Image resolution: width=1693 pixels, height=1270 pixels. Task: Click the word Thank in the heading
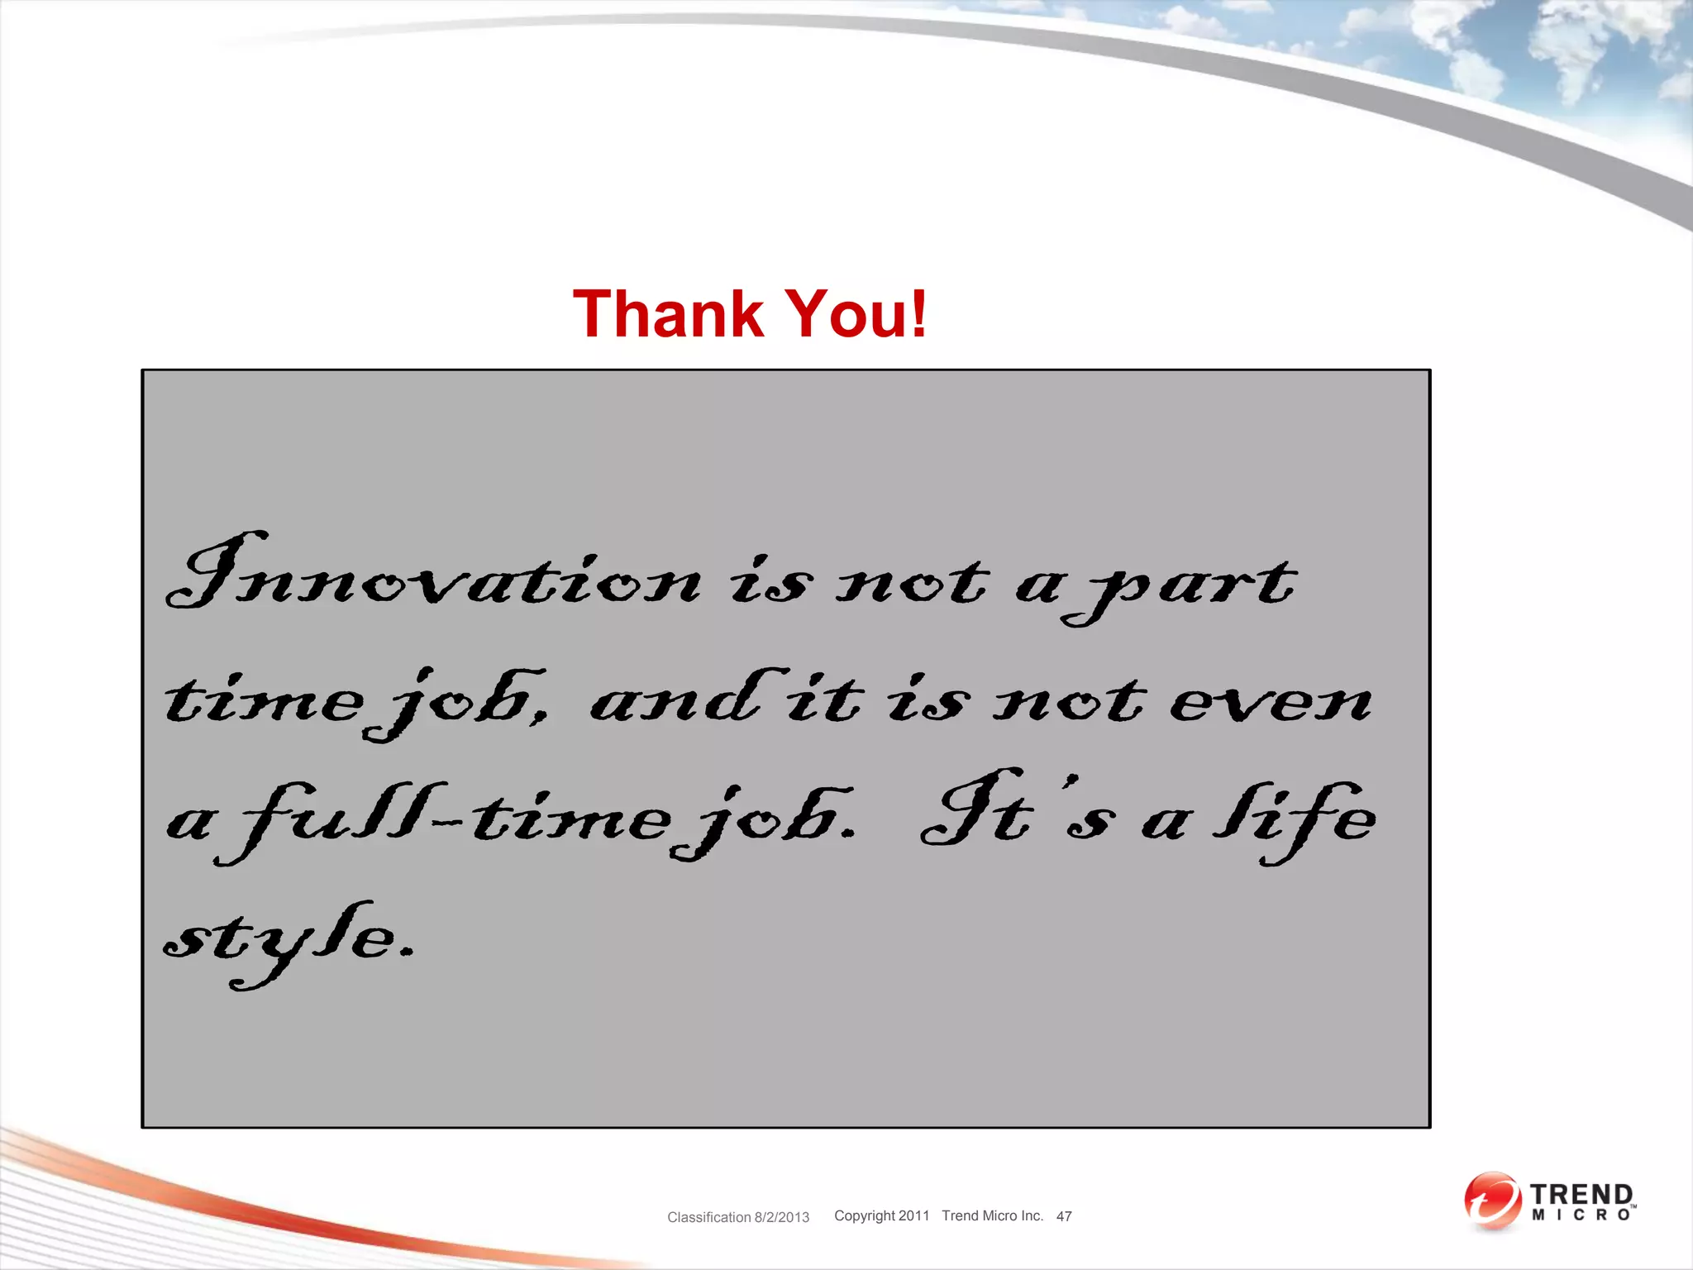(668, 314)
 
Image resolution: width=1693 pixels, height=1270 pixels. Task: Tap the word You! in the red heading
(856, 314)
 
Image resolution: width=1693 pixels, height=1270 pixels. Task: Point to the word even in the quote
(1271, 703)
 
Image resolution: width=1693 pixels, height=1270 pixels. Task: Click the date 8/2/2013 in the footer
(782, 1217)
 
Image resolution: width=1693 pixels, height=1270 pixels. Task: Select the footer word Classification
(708, 1217)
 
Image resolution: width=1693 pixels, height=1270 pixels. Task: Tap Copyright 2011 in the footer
(881, 1215)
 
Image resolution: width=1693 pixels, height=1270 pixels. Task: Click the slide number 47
(1064, 1216)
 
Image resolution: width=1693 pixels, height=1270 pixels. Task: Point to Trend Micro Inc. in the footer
(992, 1215)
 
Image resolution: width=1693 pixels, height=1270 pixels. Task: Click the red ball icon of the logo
(1492, 1200)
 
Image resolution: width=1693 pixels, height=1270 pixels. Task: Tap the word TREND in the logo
(1581, 1195)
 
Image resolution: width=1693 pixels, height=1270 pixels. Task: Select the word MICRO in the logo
(1581, 1215)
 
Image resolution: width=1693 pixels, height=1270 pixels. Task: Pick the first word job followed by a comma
(459, 703)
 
